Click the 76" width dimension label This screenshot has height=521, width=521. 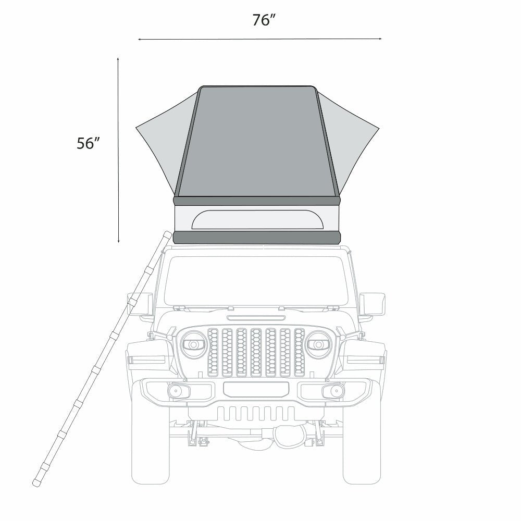click(264, 20)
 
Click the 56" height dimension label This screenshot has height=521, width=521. click(88, 144)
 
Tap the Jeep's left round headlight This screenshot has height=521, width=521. click(193, 344)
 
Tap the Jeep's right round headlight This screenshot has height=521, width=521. click(319, 344)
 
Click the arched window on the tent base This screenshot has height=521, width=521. click(258, 220)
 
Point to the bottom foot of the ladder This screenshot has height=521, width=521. click(36, 483)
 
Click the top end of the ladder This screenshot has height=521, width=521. click(168, 234)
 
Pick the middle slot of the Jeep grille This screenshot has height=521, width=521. click(256, 353)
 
